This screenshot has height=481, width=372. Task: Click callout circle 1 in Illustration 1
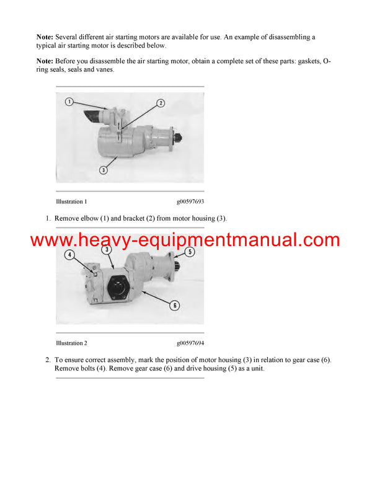pos(69,101)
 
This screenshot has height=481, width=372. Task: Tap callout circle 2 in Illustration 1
pos(160,103)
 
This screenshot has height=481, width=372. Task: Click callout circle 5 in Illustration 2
pos(190,252)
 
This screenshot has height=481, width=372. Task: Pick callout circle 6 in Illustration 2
pos(175,304)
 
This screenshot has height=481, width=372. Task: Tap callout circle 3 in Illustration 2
pos(107,249)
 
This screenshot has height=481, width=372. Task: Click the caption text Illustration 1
pos(71,201)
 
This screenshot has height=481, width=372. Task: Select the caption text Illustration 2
pos(71,343)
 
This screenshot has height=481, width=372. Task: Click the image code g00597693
pos(190,201)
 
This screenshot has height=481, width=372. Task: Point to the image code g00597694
pos(190,343)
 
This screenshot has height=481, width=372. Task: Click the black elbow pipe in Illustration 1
pos(93,117)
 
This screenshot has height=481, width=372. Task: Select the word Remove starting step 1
pos(68,218)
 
